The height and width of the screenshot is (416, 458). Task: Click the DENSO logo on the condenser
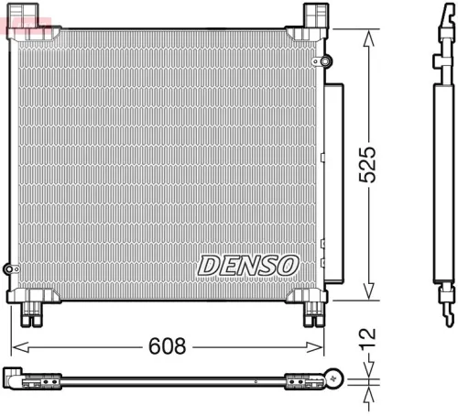pos(248,264)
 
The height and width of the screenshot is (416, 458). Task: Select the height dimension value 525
pos(367,165)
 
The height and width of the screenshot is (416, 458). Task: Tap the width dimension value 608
pos(169,347)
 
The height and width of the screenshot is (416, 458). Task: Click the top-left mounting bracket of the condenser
pos(20,18)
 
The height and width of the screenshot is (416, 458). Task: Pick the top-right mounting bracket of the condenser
pos(314,17)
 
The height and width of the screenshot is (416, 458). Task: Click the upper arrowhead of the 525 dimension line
pos(369,36)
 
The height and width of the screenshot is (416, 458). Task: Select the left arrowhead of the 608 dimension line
pos(15,347)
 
